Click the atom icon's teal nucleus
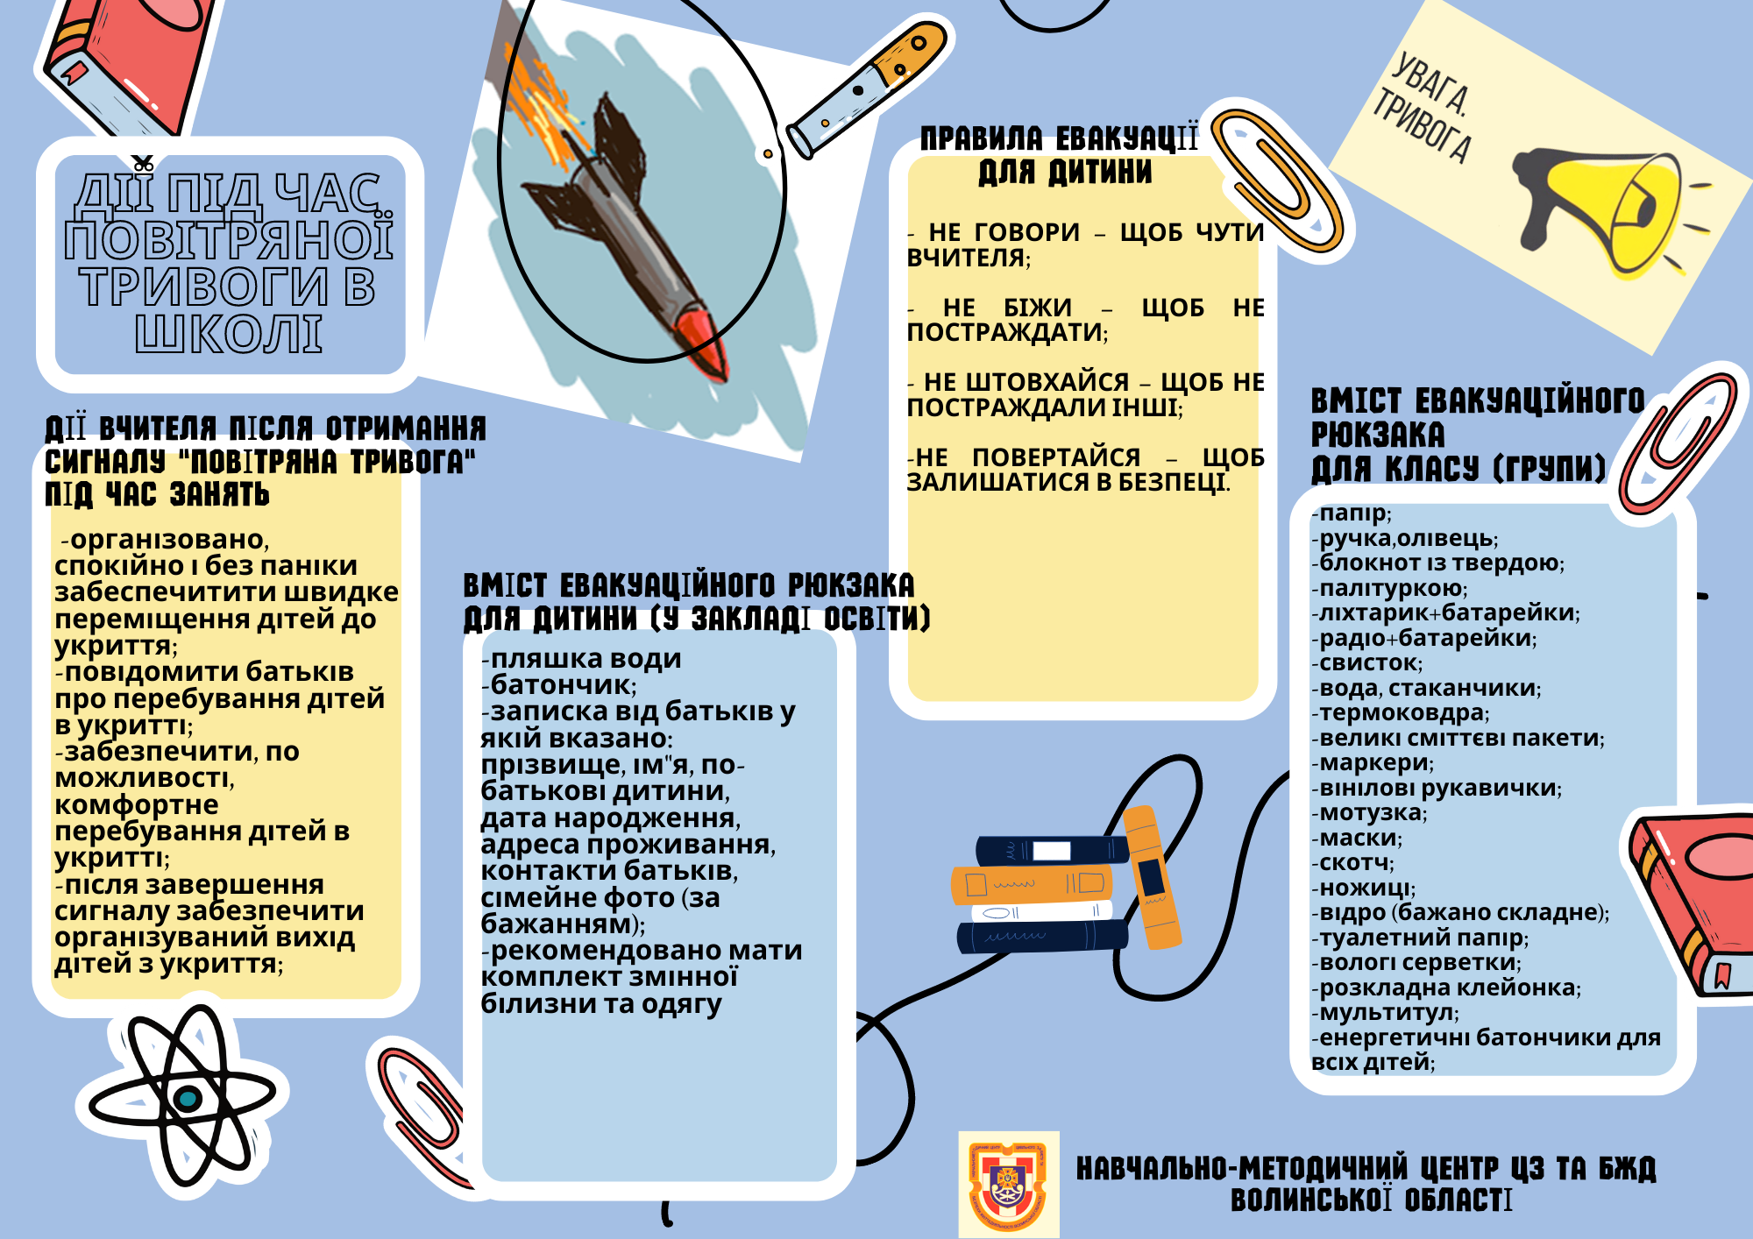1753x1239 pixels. coord(187,1098)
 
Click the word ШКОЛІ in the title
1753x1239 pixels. coord(230,335)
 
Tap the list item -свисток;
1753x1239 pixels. coord(1366,663)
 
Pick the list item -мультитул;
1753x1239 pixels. coord(1385,1013)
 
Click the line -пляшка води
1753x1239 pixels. coord(581,659)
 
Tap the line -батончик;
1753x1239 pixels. coord(559,685)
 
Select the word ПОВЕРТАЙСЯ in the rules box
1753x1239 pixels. coord(1056,457)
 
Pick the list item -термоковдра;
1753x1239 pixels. coord(1400,713)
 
